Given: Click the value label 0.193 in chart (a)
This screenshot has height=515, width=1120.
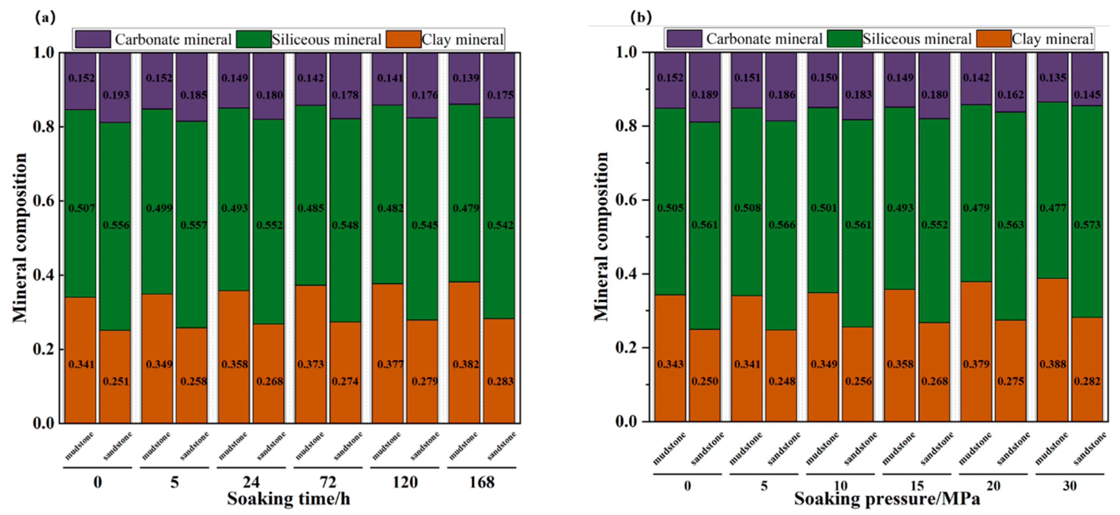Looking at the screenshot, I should (x=116, y=95).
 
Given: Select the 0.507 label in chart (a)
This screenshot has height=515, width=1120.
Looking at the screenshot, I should (x=81, y=208).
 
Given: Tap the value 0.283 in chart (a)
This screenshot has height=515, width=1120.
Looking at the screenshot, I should (x=501, y=381).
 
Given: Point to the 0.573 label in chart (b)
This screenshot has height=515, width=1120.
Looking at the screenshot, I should (x=1087, y=225).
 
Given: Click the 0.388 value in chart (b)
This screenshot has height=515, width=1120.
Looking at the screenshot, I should (x=1053, y=364).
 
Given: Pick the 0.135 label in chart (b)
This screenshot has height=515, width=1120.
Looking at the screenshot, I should (x=1053, y=77).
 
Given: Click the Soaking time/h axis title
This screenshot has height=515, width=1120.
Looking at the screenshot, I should (x=288, y=499).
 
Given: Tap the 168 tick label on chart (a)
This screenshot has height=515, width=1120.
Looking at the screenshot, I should (x=481, y=482).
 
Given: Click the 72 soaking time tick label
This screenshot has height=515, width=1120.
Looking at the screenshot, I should (x=328, y=482).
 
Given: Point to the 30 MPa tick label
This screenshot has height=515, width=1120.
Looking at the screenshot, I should (x=1070, y=485).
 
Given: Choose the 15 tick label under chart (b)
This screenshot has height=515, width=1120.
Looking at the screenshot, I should (x=917, y=485).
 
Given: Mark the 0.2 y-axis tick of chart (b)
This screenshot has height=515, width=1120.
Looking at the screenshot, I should (x=626, y=348).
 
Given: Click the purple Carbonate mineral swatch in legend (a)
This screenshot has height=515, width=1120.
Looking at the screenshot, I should (x=93, y=39).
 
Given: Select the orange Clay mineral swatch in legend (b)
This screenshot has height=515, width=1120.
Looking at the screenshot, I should (x=994, y=39).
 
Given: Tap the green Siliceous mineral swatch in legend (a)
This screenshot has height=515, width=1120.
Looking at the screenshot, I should (x=254, y=39).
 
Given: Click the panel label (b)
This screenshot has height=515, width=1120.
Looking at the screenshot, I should (x=641, y=17).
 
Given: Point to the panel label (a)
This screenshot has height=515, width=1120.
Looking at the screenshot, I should (x=46, y=17).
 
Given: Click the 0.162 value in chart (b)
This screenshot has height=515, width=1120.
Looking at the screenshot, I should (x=1010, y=94).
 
